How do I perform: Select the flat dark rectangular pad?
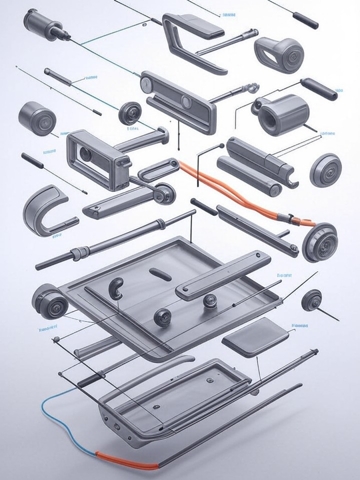255,335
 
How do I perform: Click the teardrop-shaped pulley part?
278,51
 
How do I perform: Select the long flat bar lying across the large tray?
222,275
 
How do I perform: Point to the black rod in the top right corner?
305,20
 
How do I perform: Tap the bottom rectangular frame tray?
175,395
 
